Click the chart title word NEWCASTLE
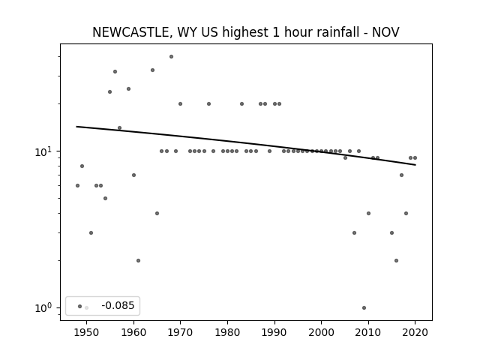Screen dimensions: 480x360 point(130,32)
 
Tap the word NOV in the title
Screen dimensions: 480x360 point(385,32)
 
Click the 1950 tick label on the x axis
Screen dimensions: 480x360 point(87,333)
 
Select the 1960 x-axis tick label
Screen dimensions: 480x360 point(133,333)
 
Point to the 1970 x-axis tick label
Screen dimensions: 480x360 point(181,333)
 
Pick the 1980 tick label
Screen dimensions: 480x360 point(227,333)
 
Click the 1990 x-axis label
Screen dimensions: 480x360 point(274,333)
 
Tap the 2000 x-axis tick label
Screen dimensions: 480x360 point(322,333)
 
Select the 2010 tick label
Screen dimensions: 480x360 point(368,333)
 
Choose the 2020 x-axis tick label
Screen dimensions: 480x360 point(415,333)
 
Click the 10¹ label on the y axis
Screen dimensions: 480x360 point(45,151)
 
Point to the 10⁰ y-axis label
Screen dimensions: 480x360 point(45,308)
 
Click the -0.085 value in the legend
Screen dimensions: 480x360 point(118,305)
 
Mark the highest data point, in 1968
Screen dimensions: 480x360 point(172,57)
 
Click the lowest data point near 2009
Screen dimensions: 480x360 point(364,308)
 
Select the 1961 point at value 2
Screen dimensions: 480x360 point(138,261)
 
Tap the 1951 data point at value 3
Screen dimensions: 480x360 point(91,233)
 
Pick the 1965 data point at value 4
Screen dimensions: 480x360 point(157,213)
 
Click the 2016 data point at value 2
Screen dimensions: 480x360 point(397,261)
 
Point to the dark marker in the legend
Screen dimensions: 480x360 point(80,307)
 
